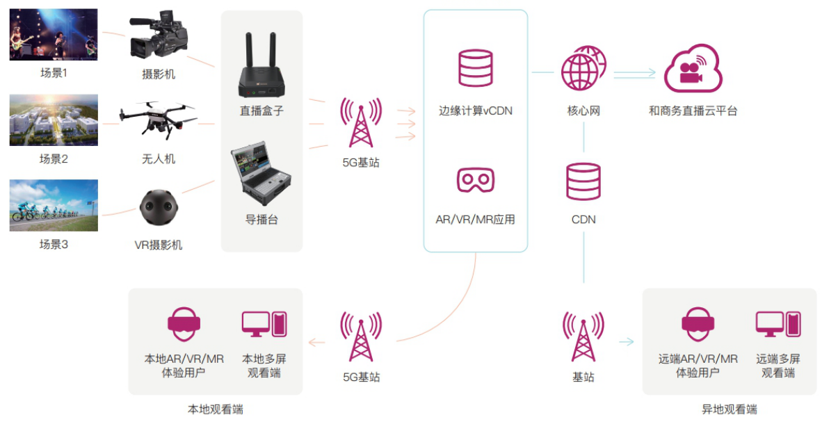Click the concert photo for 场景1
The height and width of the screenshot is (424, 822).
coord(54,35)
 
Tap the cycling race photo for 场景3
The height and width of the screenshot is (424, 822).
coord(54,205)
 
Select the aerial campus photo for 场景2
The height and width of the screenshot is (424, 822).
coord(54,120)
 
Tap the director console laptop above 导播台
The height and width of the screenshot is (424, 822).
coord(261,177)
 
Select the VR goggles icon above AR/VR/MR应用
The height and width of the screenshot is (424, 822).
coord(475,180)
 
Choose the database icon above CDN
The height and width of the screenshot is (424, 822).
coord(583,182)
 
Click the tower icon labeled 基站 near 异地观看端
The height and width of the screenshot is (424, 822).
coord(583,336)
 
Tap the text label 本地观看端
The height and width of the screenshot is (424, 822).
coord(216,409)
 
